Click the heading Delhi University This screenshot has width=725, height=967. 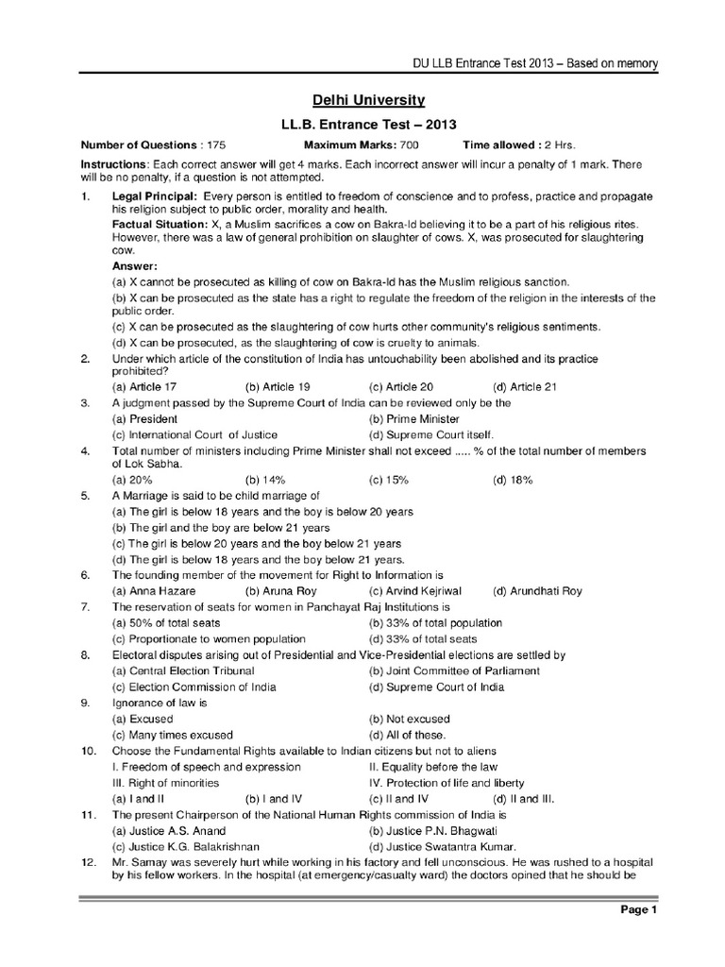pos(362,99)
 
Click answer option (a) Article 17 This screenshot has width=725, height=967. pos(143,387)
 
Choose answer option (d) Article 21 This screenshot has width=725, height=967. pos(526,387)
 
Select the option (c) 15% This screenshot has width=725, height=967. pos(389,480)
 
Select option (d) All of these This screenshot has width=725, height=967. pos(407,735)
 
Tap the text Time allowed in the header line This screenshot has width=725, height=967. pos(497,145)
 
